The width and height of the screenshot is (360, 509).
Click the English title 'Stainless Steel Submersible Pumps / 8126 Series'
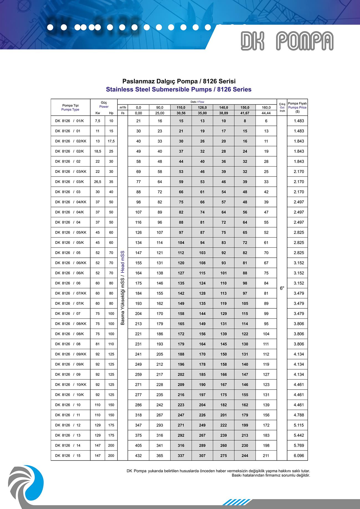point(179,89)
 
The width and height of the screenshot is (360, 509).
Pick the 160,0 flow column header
point(266,108)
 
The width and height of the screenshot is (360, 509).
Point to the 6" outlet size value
point(282,288)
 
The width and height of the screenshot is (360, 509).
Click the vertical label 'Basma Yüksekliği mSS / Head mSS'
point(123,288)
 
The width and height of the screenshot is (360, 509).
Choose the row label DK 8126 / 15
point(68,456)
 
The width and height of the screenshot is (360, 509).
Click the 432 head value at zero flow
point(138,456)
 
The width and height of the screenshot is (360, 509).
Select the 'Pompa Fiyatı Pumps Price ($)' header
point(297,107)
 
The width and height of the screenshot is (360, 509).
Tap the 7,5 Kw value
point(97,121)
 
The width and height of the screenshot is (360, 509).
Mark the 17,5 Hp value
point(111,141)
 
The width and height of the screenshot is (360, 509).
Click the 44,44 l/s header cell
point(266,113)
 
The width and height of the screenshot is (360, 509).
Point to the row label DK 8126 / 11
point(68,415)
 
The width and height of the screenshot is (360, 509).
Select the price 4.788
point(299,415)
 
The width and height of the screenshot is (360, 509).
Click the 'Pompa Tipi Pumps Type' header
point(70,107)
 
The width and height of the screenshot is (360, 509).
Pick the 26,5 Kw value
point(97,182)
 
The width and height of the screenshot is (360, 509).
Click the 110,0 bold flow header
point(181,108)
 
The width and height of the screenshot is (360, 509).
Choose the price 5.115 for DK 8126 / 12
point(299,425)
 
